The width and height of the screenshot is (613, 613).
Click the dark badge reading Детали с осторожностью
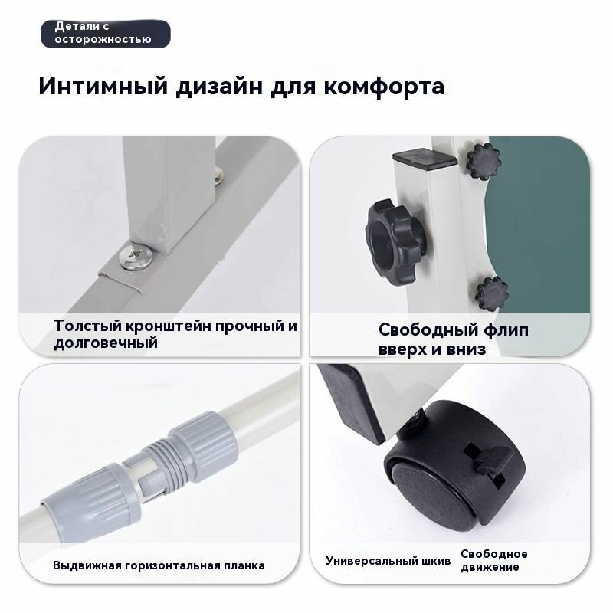pyautogui.click(x=106, y=34)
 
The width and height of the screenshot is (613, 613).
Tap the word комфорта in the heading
pyautogui.click(x=384, y=87)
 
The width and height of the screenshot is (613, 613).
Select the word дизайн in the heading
pyautogui.click(x=219, y=87)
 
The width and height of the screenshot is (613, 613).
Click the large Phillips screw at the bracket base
pyautogui.click(x=136, y=256)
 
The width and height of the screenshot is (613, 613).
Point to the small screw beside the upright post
pyautogui.click(x=218, y=175)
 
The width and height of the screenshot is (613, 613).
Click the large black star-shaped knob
pyautogui.click(x=395, y=242)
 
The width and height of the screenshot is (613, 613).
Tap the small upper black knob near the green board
pyautogui.click(x=484, y=161)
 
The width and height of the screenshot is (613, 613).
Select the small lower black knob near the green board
pyautogui.click(x=492, y=293)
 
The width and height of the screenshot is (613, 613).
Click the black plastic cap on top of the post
pyautogui.click(x=425, y=159)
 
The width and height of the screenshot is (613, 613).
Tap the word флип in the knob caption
pyautogui.click(x=506, y=331)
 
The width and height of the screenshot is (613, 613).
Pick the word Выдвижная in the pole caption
pyautogui.click(x=87, y=565)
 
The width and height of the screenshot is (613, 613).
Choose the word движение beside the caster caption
pyautogui.click(x=490, y=567)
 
